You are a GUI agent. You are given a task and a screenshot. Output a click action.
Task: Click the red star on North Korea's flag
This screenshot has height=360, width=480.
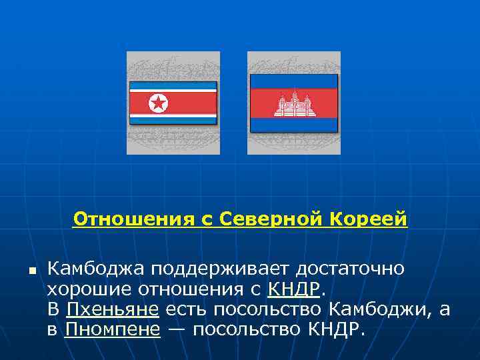point(158,103)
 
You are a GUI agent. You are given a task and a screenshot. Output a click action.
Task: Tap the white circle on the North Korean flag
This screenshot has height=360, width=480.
point(158,103)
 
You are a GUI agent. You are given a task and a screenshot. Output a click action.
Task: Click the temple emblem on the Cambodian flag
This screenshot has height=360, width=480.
point(294,104)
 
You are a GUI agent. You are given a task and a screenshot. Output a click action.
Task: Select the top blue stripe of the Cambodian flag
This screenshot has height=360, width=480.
point(294,81)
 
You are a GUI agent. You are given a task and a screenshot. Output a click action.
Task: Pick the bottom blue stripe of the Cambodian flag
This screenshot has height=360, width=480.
point(294,124)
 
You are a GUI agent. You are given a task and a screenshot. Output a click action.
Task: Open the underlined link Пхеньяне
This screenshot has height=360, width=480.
point(112,309)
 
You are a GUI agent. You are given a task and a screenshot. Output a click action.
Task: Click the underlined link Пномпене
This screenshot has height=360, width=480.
point(113,330)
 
